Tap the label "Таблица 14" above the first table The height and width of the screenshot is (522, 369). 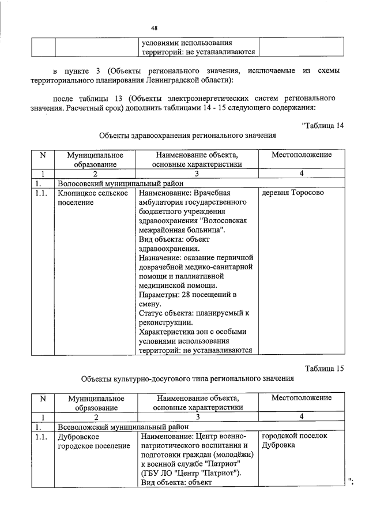[322, 127]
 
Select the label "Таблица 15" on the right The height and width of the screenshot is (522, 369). [323, 369]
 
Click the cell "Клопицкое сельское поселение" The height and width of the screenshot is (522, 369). [92, 197]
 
